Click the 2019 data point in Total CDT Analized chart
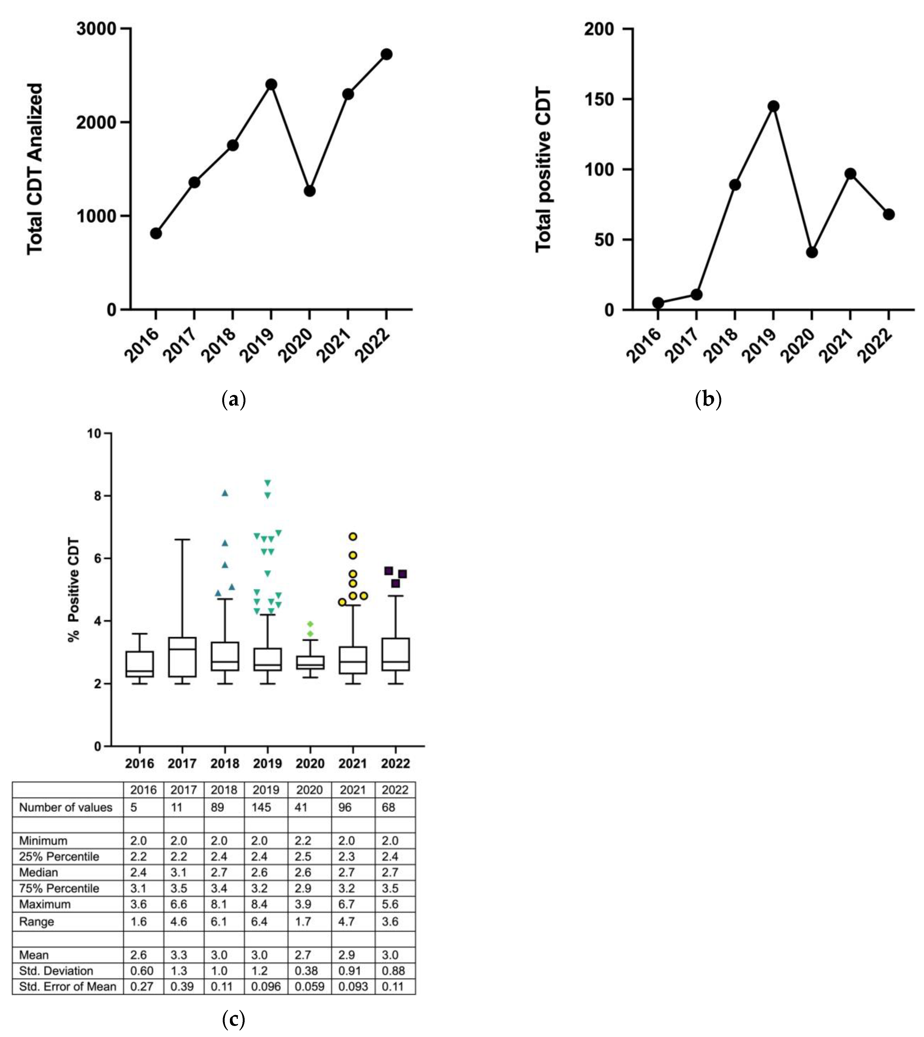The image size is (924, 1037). [271, 84]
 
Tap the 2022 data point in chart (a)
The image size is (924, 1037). [386, 54]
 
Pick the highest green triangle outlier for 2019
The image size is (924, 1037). [268, 483]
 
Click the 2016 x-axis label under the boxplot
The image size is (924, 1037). [140, 764]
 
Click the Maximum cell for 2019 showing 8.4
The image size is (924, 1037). [259, 904]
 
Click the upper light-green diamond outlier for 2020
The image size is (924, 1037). [310, 624]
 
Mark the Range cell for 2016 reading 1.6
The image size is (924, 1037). [139, 921]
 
